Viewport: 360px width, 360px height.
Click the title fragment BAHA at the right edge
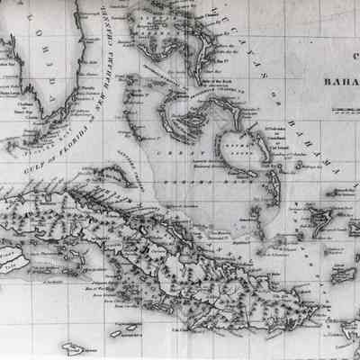(x=337, y=88)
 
